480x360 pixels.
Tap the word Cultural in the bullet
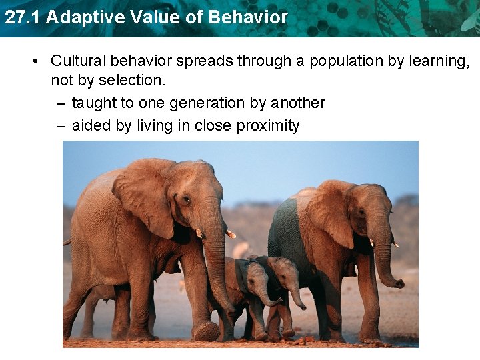pos(78,61)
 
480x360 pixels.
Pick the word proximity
pos(267,125)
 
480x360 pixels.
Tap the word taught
pos(92,103)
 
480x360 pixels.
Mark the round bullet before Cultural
pos(34,61)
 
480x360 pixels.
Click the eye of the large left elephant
pos(187,199)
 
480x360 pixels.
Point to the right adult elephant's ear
pos(329,213)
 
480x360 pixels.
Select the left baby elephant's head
pos(253,277)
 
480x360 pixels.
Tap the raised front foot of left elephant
pos(206,331)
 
